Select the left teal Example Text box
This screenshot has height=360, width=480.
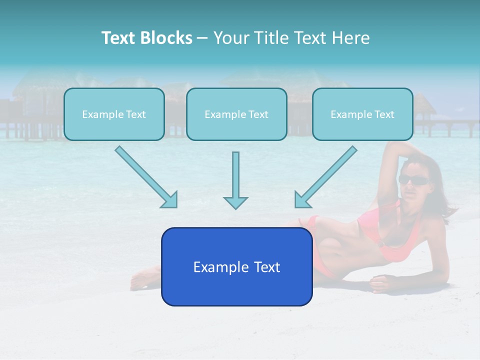point(114,114)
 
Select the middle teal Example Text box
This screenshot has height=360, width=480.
point(236,114)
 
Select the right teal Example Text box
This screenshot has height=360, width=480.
point(362,114)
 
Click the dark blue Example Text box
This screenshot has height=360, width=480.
point(236,267)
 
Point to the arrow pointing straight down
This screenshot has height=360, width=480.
point(235,180)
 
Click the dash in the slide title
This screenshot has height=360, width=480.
point(202,38)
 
